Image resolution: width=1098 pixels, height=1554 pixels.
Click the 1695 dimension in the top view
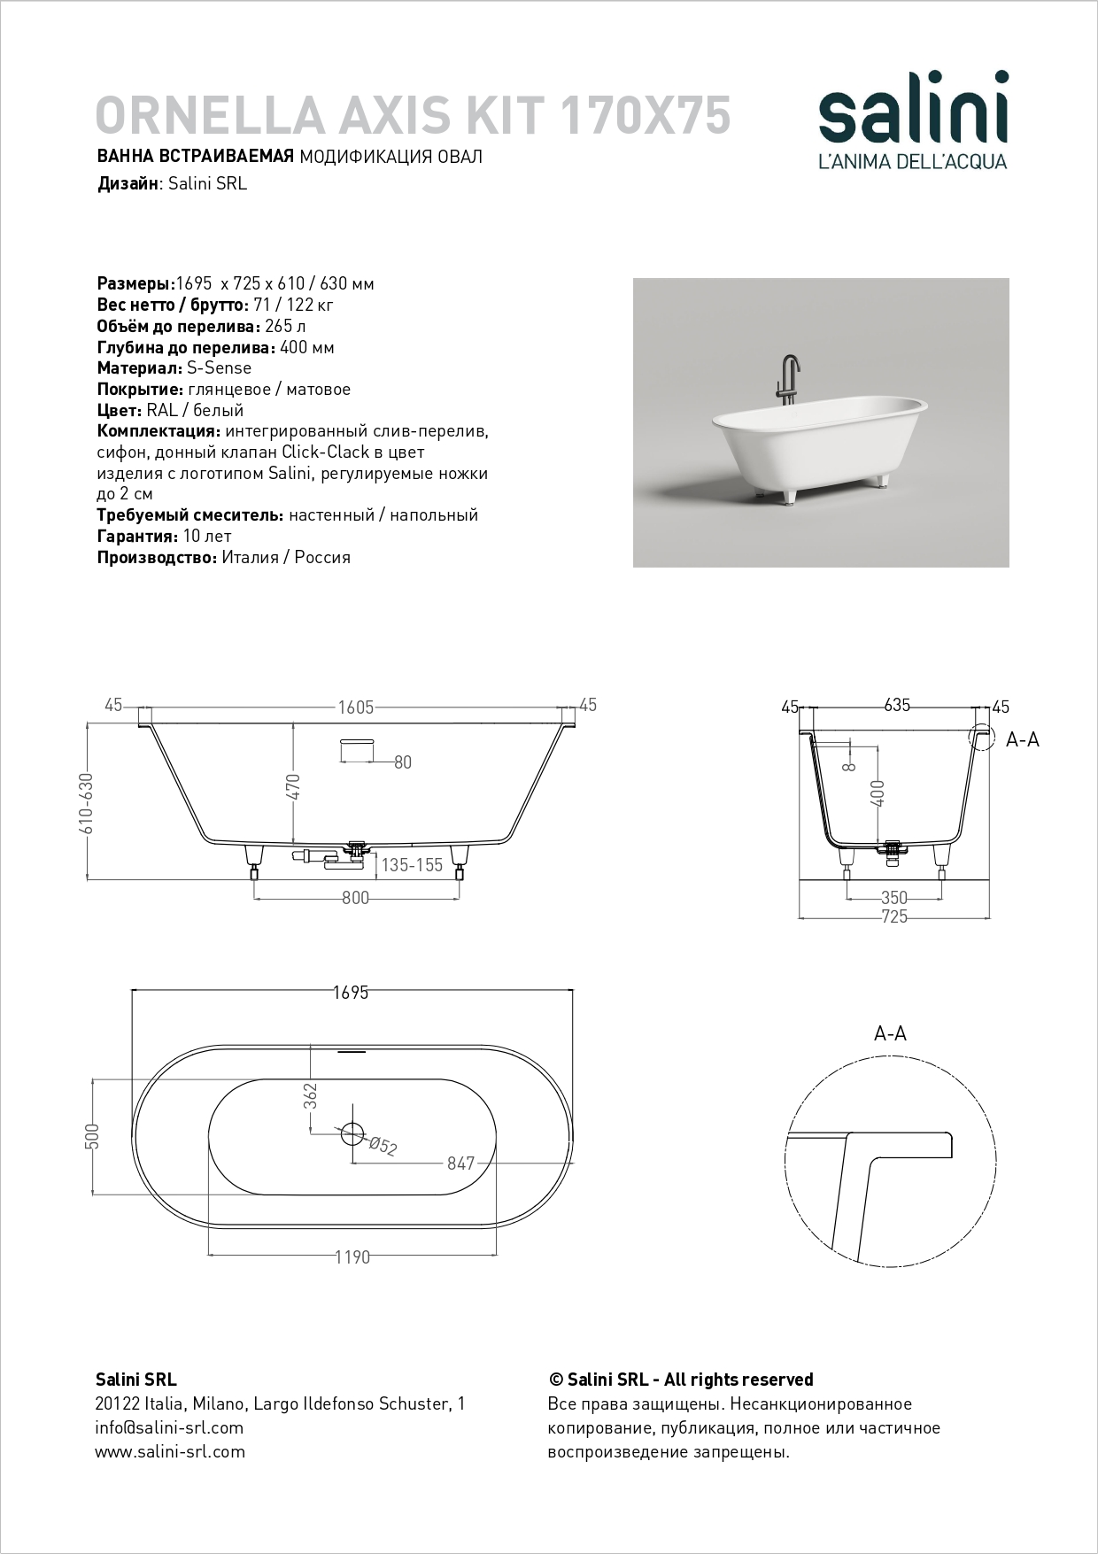(352, 993)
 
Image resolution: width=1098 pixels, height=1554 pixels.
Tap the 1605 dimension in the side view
(355, 707)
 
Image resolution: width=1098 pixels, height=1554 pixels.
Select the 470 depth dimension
(295, 786)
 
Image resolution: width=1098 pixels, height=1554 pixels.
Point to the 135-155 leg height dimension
(412, 865)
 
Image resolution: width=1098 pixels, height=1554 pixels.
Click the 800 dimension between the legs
(355, 898)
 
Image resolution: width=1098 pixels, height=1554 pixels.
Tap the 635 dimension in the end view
(896, 706)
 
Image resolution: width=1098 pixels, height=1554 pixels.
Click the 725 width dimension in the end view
(894, 916)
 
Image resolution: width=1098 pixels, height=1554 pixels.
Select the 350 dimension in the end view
(894, 898)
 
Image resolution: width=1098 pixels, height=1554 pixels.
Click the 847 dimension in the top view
(460, 1164)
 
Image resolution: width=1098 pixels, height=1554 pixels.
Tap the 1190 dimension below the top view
(352, 1257)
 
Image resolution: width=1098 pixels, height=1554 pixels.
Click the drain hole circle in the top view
(352, 1133)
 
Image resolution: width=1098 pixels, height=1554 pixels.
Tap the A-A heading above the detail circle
(890, 1033)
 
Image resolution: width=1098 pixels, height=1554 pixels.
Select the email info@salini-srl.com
(169, 1427)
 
